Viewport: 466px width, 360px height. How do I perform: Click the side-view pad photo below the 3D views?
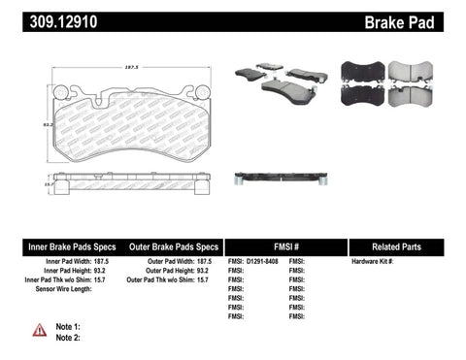[x=281, y=178]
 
